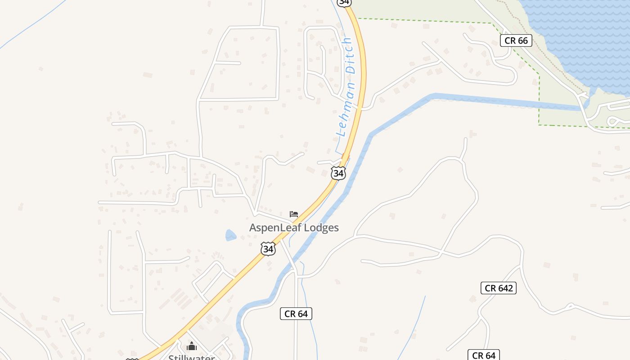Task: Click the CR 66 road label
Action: click(516, 40)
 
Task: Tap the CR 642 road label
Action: click(499, 288)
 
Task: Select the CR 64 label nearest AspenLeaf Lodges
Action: click(296, 314)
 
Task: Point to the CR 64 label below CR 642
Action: click(483, 355)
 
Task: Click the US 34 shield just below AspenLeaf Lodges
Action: click(268, 248)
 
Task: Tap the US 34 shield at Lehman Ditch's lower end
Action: click(338, 173)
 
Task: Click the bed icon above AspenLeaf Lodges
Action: click(294, 214)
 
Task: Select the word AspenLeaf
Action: click(275, 228)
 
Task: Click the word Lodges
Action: click(321, 228)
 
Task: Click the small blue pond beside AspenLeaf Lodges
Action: click(230, 235)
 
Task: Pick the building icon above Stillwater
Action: click(192, 346)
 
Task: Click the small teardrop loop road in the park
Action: click(613, 121)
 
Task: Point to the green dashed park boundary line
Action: click(539, 99)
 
